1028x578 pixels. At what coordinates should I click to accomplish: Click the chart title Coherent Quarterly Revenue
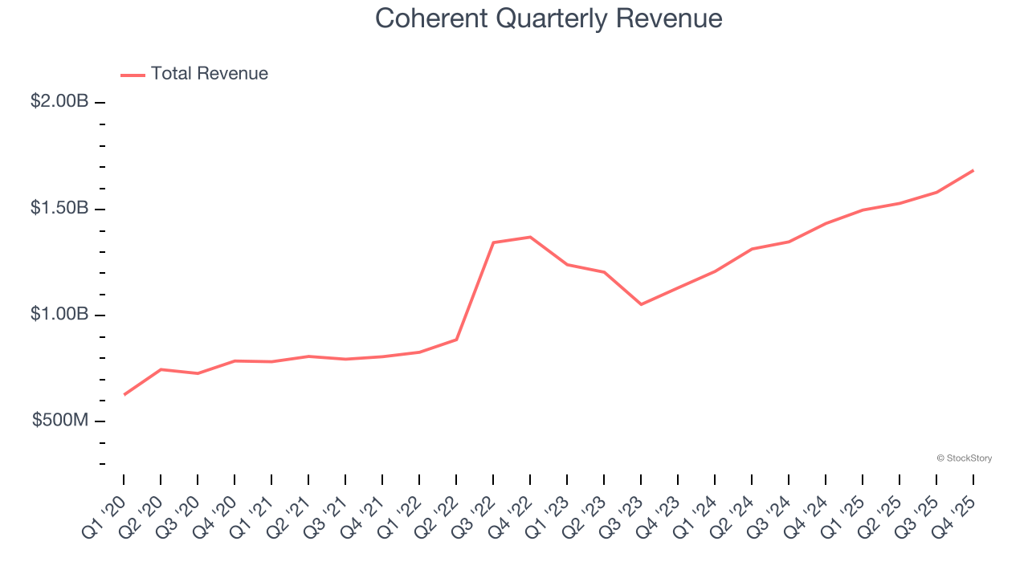[x=549, y=18]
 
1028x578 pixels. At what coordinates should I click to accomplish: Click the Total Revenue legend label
[x=209, y=74]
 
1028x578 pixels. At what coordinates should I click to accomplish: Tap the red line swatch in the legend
[x=133, y=75]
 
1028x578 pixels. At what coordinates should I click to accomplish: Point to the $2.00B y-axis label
[x=59, y=102]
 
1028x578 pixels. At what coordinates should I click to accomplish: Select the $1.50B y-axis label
[x=59, y=208]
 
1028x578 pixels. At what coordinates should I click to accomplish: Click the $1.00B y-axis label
[x=59, y=314]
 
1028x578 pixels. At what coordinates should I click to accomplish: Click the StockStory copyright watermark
[x=964, y=458]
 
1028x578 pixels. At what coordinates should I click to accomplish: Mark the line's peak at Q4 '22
[x=530, y=237]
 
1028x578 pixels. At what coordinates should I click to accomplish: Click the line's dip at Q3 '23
[x=641, y=304]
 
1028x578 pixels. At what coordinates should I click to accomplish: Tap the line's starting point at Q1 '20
[x=124, y=394]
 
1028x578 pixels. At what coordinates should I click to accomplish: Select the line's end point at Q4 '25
[x=973, y=170]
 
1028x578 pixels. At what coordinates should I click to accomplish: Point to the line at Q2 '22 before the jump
[x=456, y=340]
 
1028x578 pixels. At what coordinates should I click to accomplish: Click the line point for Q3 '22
[x=493, y=242]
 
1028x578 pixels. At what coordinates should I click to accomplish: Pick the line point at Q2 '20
[x=161, y=369]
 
